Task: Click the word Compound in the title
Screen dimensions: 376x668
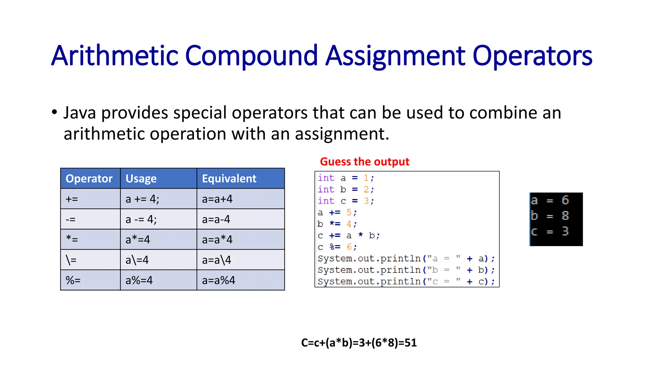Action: [x=251, y=56]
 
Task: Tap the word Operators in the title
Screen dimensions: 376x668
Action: [x=532, y=56]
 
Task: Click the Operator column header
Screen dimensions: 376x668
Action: [x=89, y=179]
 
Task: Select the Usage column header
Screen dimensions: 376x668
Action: [x=141, y=179]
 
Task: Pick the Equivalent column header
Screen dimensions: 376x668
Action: [x=229, y=179]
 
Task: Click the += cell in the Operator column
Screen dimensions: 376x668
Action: [x=72, y=199]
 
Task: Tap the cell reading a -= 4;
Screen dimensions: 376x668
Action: [x=141, y=219]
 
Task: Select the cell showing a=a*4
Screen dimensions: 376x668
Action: [x=217, y=240]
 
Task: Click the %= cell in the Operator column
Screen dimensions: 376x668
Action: [x=73, y=280]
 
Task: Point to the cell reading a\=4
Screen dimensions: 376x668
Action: [x=137, y=260]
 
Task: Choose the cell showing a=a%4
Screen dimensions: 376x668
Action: [x=219, y=280]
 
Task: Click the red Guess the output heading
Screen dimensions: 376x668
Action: [x=364, y=162]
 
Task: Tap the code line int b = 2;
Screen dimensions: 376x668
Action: [x=346, y=189]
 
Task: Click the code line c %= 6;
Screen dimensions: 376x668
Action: [x=337, y=247]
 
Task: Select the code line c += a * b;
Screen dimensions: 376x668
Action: [x=348, y=235]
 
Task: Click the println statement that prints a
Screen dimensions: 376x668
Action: [x=406, y=258]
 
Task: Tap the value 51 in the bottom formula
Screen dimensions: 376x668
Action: [x=410, y=343]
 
